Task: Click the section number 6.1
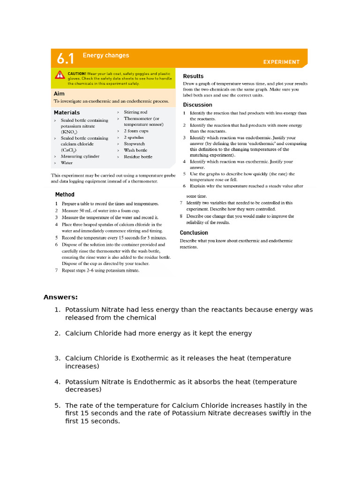pos(65,59)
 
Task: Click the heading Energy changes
pos(105,55)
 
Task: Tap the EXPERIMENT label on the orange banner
pos(281,62)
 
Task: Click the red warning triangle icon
pos(60,75)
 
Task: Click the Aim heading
pos(59,93)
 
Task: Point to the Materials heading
pos(67,112)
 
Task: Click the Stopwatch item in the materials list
pos(134,144)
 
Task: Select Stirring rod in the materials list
pos(135,112)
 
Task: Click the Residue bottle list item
pos(138,157)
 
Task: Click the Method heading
pos(65,195)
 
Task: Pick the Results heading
pos(193,76)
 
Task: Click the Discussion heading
pos(197,105)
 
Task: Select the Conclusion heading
pos(194,232)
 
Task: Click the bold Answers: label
pos(60,297)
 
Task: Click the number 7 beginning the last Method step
pos(57,270)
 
